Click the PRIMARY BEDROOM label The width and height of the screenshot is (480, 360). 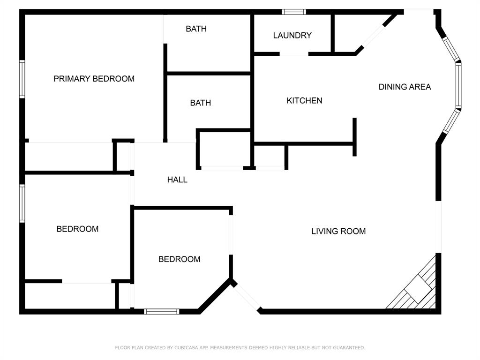tap(94, 79)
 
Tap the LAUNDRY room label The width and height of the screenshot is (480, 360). tap(292, 35)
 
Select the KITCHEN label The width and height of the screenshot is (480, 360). tap(304, 100)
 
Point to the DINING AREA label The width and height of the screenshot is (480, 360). tap(405, 87)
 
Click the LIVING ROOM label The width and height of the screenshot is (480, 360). tap(338, 231)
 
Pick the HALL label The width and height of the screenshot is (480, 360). tap(177, 180)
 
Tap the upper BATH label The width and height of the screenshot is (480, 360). tap(196, 29)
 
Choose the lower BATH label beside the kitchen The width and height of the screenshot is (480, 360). tap(200, 103)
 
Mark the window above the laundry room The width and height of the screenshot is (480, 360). tap(294, 12)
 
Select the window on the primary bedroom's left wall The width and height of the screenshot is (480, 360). tap(22, 79)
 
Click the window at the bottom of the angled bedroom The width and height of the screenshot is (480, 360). tap(161, 311)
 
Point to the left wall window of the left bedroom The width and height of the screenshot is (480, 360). tap(22, 203)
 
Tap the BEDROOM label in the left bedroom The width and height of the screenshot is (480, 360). tap(77, 229)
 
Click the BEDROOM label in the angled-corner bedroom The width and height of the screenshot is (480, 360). tap(179, 259)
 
